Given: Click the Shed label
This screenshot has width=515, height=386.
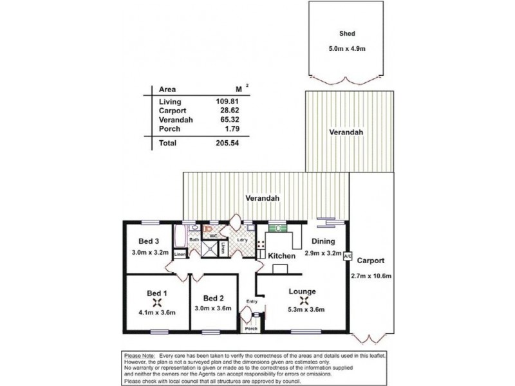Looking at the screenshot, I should tap(348, 34).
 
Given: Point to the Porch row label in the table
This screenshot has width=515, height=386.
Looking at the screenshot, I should tap(169, 129).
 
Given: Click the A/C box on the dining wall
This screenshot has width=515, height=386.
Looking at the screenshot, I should tap(348, 255).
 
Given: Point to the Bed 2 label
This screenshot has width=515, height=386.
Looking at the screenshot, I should tap(213, 299).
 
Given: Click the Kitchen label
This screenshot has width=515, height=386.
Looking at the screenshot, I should tap(281, 256).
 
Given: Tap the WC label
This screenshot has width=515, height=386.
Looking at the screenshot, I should tap(211, 236).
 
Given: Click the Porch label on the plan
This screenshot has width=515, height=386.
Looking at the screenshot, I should tap(250, 329).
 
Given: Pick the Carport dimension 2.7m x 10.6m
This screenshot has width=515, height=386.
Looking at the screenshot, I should tap(373, 276).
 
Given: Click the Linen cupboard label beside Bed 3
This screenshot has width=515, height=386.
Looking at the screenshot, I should tap(180, 255).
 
